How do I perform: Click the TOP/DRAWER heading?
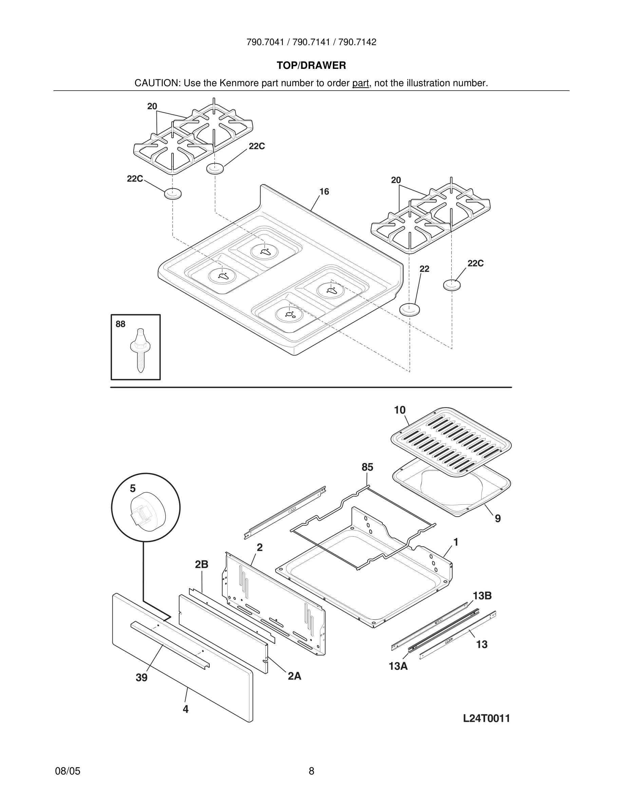pos(311,65)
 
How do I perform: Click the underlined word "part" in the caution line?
pos(360,83)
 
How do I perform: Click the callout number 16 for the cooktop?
pos(324,192)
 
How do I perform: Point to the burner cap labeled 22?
pos(409,309)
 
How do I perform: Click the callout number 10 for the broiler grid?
pos(399,410)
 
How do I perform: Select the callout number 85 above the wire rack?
pos(367,467)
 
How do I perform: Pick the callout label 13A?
pos(398,667)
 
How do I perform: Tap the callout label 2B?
pos(202,564)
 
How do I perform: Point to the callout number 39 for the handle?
pos(141,677)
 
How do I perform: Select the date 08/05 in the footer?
pos(68,771)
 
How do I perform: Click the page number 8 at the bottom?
pos(311,771)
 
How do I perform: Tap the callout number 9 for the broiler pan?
pos(497,519)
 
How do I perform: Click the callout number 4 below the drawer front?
pos(186,709)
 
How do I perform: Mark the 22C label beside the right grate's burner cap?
pos(475,263)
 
